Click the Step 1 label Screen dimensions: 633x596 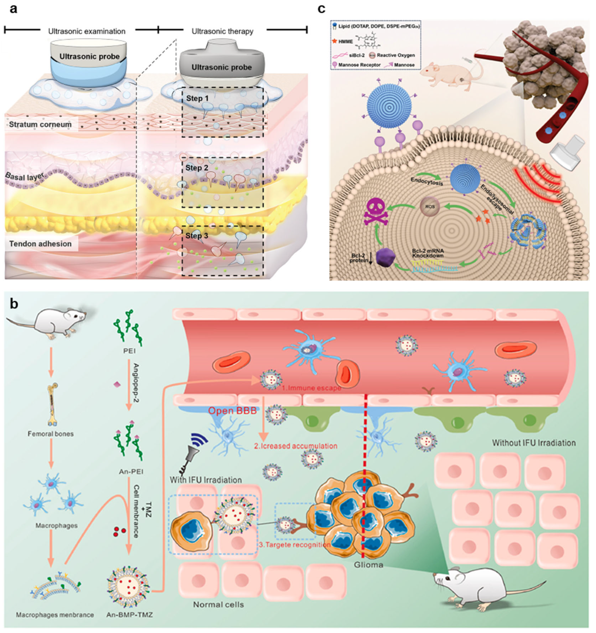[x=197, y=98]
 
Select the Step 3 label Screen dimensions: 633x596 [x=197, y=236]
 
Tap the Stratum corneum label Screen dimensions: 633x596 [x=40, y=125]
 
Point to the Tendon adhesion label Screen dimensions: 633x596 [x=40, y=244]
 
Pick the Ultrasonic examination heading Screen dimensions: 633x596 [x=87, y=31]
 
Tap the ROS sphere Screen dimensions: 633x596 [x=431, y=207]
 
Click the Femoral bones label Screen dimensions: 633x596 [x=51, y=434]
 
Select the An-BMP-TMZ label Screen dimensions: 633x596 [x=130, y=615]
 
